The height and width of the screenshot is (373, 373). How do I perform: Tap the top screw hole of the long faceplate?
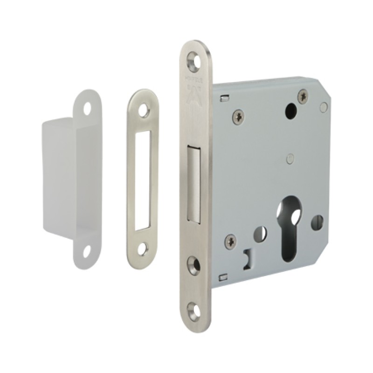pyautogui.click(x=192, y=58)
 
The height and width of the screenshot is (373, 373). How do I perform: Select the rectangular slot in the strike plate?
pyautogui.click(x=143, y=180)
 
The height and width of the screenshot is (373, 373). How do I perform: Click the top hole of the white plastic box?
pyautogui.click(x=87, y=108)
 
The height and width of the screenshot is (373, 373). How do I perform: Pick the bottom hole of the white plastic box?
pyautogui.click(x=86, y=251)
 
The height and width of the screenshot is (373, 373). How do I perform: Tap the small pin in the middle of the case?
pyautogui.click(x=290, y=158)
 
